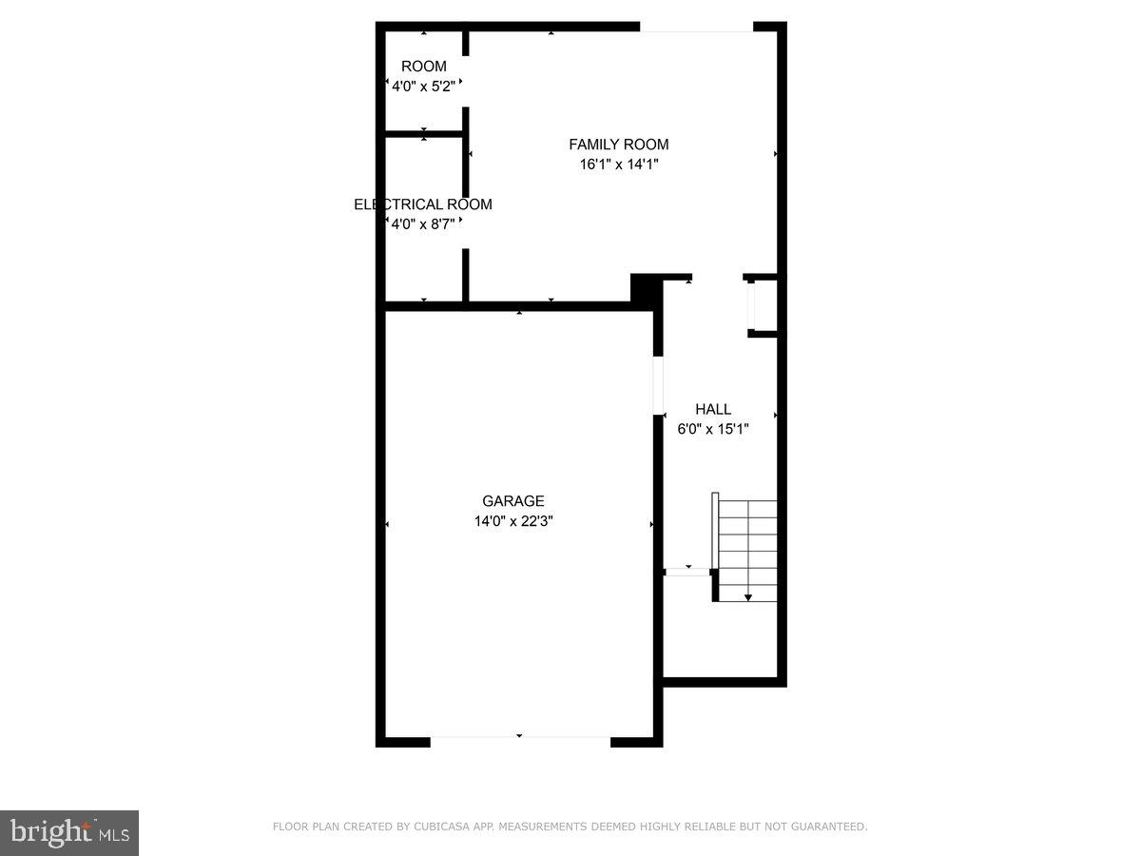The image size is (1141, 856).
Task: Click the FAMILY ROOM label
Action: pyautogui.click(x=618, y=145)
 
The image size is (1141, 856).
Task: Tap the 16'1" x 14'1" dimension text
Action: pyautogui.click(x=618, y=165)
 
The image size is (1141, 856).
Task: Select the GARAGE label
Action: pyautogui.click(x=513, y=501)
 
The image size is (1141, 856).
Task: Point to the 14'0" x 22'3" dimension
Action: pyautogui.click(x=513, y=521)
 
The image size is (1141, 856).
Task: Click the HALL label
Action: pyautogui.click(x=713, y=409)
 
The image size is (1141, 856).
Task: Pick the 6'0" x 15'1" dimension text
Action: pyautogui.click(x=713, y=429)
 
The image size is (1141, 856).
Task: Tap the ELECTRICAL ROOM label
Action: pyautogui.click(x=423, y=204)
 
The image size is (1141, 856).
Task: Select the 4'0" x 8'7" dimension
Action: pyautogui.click(x=423, y=224)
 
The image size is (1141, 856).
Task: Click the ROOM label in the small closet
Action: pyautogui.click(x=423, y=67)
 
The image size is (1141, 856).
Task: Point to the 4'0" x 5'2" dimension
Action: pyautogui.click(x=423, y=87)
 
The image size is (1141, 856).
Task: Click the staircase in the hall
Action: pyautogui.click(x=746, y=547)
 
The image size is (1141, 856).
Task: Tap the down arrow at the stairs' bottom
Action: pyautogui.click(x=748, y=596)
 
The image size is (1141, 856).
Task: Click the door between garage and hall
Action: pyautogui.click(x=658, y=385)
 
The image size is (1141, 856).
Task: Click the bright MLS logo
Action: pyautogui.click(x=69, y=832)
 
